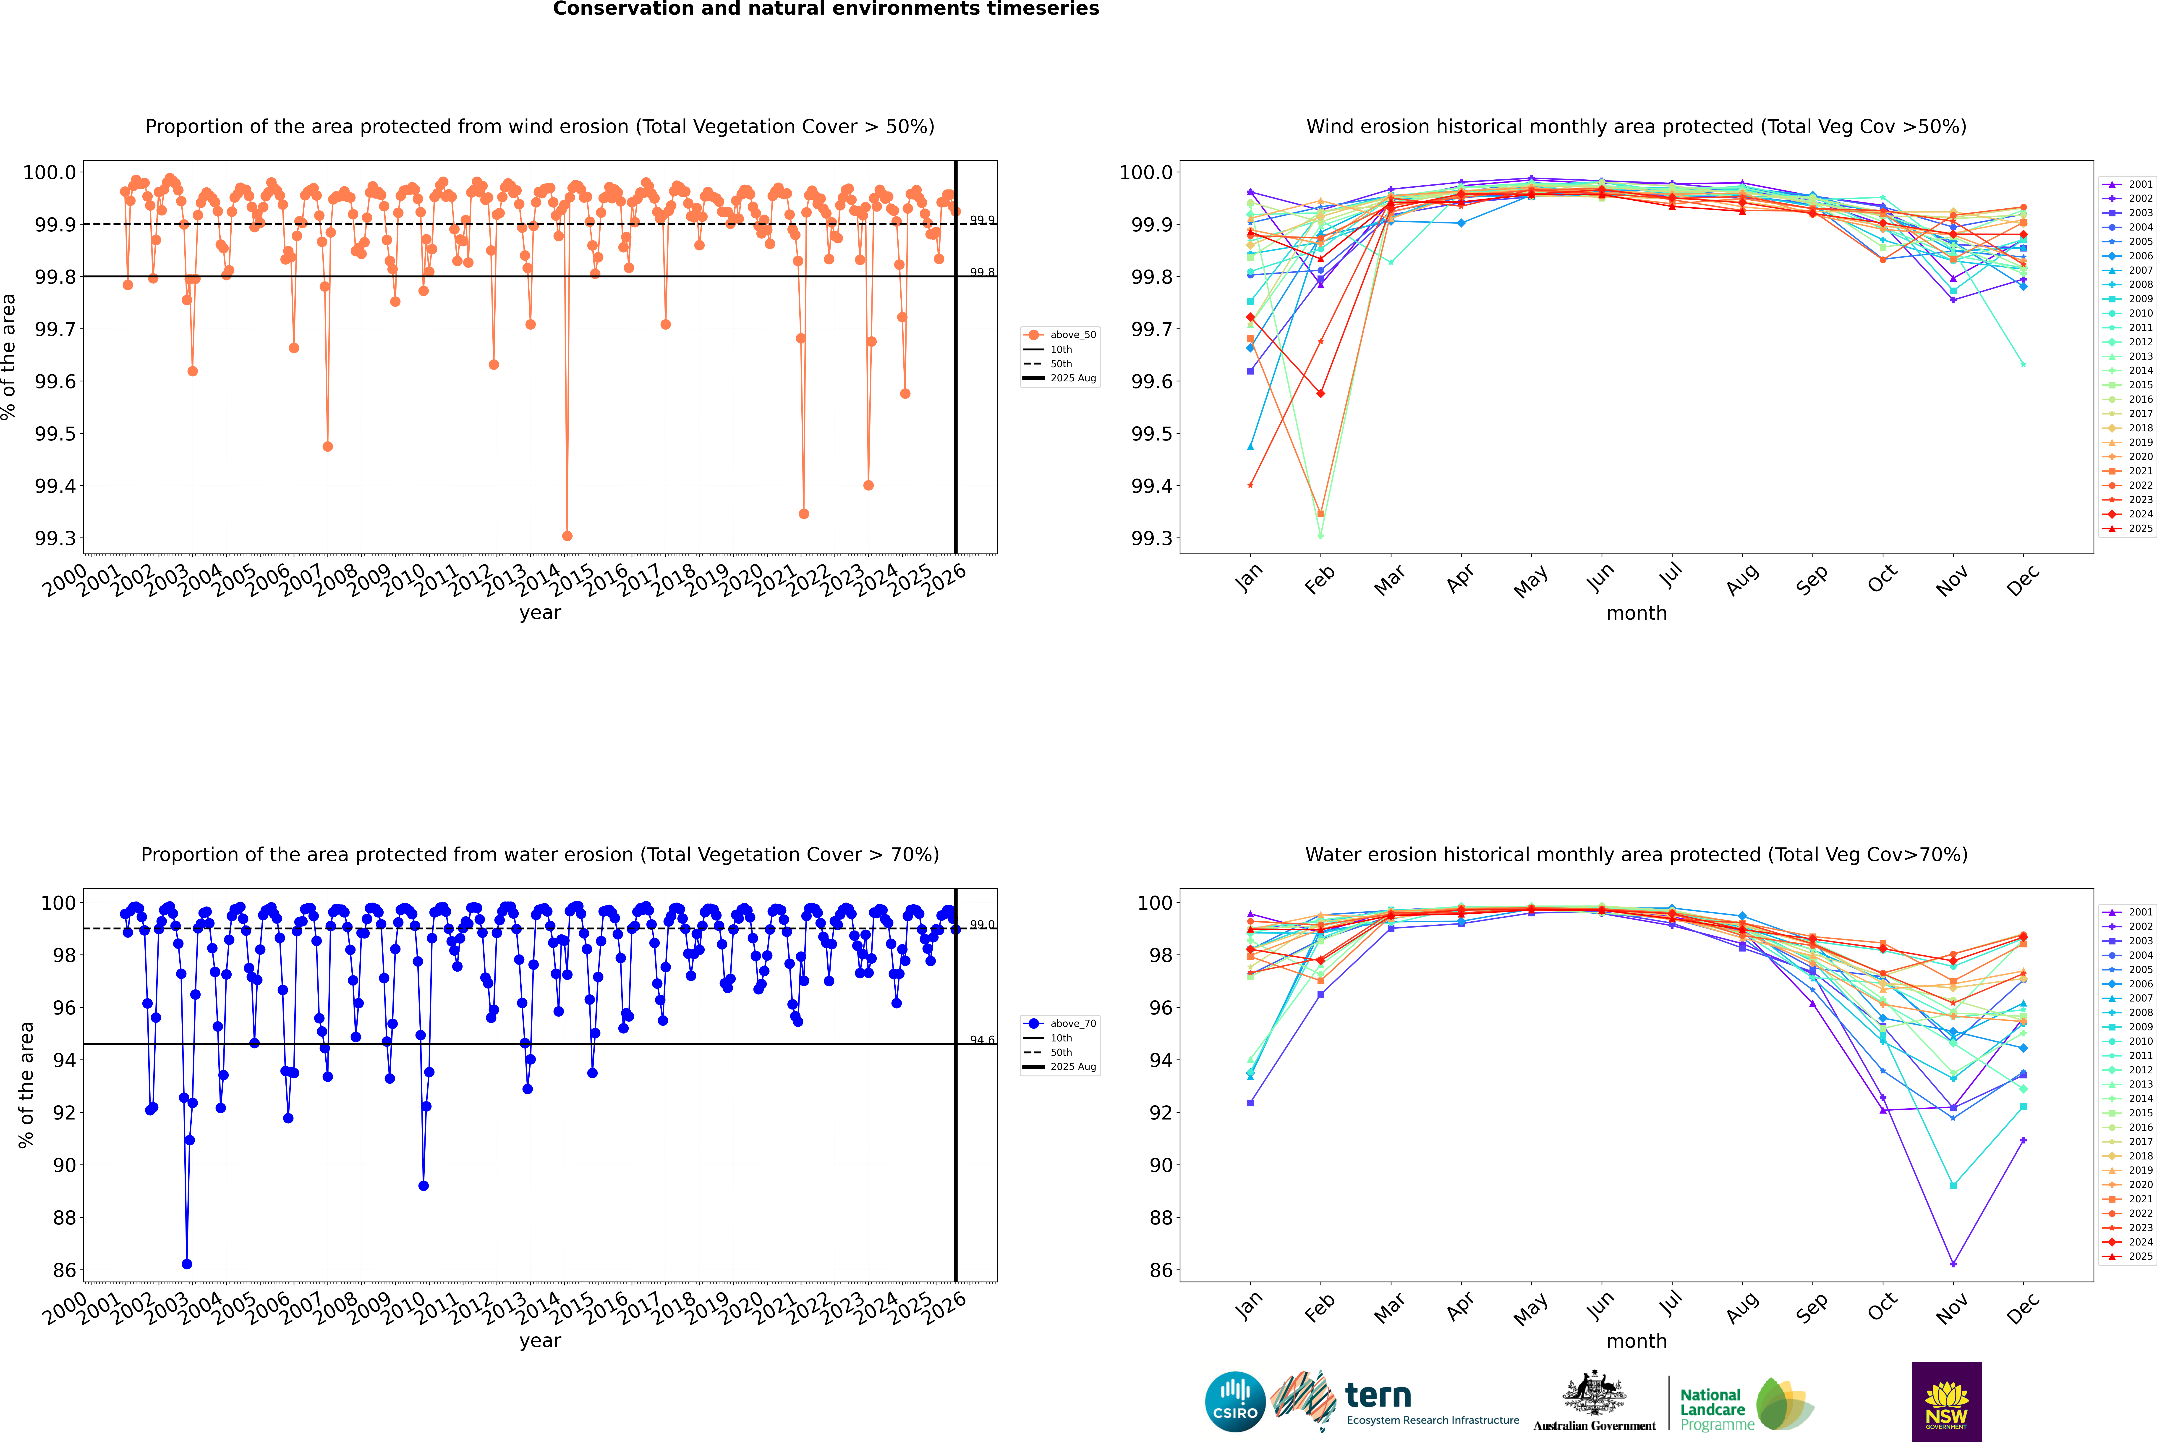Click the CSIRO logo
[x=1235, y=1402]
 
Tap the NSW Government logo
[x=1946, y=1402]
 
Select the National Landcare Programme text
[x=1712, y=1409]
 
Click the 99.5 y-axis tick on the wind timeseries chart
[x=55, y=434]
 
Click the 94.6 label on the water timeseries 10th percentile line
[x=982, y=1040]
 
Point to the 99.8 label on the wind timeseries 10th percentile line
[x=982, y=272]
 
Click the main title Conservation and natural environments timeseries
[x=826, y=9]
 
